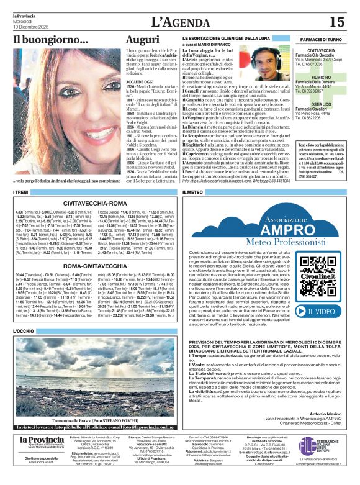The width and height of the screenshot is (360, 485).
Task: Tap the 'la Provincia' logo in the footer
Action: [40, 458]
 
